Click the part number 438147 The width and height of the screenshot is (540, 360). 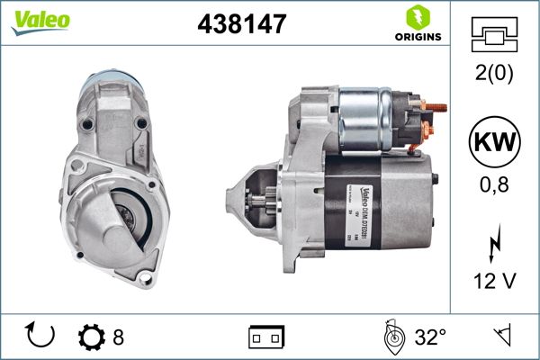240,24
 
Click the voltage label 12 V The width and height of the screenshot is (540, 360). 495,282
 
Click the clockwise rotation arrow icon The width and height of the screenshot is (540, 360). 41,337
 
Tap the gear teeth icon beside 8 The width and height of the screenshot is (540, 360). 92,337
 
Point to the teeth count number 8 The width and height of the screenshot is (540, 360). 118,338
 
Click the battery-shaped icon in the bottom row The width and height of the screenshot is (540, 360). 266,338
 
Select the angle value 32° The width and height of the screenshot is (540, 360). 430,338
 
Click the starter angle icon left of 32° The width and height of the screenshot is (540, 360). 391,337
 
